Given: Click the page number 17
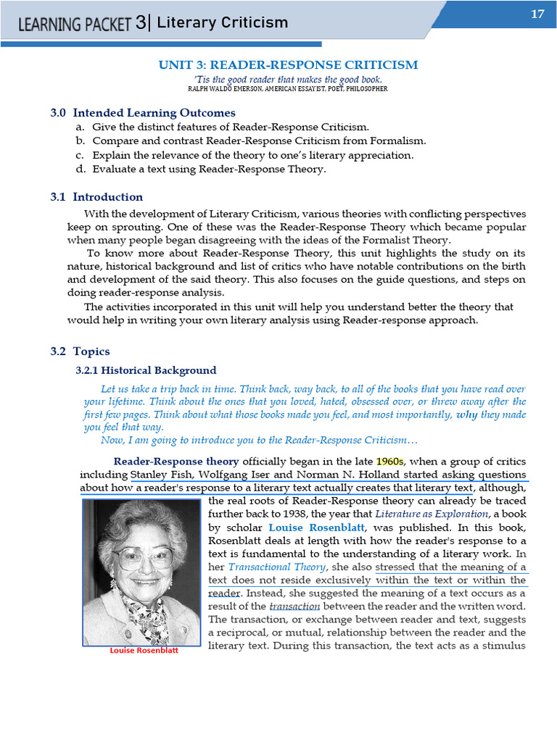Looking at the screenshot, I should tap(537, 14).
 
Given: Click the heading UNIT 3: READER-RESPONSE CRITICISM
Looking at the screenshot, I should tap(288, 65).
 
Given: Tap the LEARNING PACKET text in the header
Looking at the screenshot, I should tap(75, 24).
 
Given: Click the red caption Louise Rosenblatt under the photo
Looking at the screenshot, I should tap(144, 651).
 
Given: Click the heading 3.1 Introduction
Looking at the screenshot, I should tap(96, 197).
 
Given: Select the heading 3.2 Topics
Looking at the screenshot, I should tap(80, 351).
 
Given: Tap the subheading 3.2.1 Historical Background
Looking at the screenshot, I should tap(146, 370).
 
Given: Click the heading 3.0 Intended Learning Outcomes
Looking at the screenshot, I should tap(143, 113).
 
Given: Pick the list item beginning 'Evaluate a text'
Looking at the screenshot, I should tap(209, 170).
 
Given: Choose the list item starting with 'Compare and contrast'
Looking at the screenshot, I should tap(259, 141).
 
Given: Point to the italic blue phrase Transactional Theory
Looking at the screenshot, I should tap(270, 567).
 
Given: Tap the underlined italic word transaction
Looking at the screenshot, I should tap(294, 606).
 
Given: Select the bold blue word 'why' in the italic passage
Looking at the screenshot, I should tap(468, 415).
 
